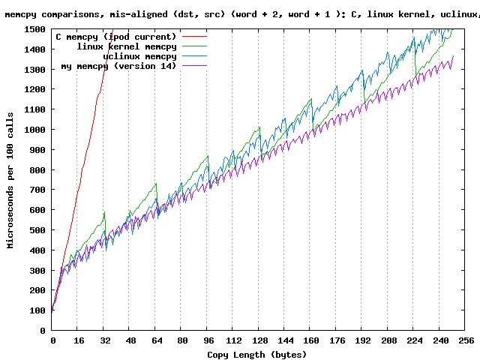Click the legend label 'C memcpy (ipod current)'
pos(116,37)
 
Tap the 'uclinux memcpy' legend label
pos(139,56)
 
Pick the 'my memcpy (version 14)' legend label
pos(118,66)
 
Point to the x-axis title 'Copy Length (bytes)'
pos(257,354)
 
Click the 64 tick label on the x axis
pos(156,340)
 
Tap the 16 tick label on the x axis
pos(79,340)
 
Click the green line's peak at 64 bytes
pos(155,184)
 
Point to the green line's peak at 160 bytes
pos(310,99)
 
